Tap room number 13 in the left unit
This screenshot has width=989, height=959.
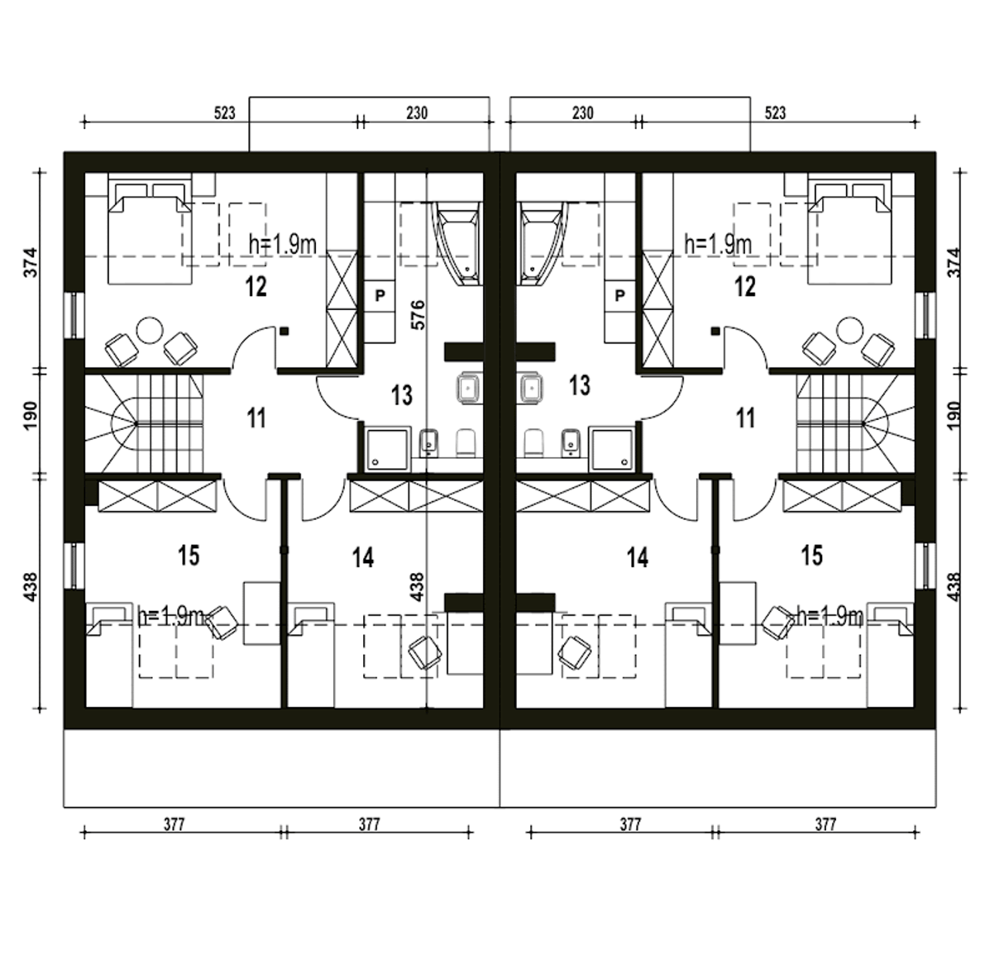402,395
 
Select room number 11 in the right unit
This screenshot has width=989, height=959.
745,418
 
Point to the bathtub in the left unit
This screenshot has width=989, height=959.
456,243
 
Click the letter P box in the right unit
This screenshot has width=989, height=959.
620,295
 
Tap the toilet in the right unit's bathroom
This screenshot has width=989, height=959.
533,442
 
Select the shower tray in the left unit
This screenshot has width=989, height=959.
388,449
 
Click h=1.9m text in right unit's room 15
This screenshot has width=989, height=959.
830,617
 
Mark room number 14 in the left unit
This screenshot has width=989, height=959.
363,558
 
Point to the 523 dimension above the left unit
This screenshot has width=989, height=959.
225,113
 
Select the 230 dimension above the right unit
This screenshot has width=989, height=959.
583,113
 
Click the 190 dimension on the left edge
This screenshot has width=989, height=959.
30,415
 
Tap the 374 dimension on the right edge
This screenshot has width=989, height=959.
955,262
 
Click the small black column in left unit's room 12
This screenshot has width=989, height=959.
284,331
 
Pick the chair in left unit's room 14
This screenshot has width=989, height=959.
425,653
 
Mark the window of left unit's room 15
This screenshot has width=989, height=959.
75,566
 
